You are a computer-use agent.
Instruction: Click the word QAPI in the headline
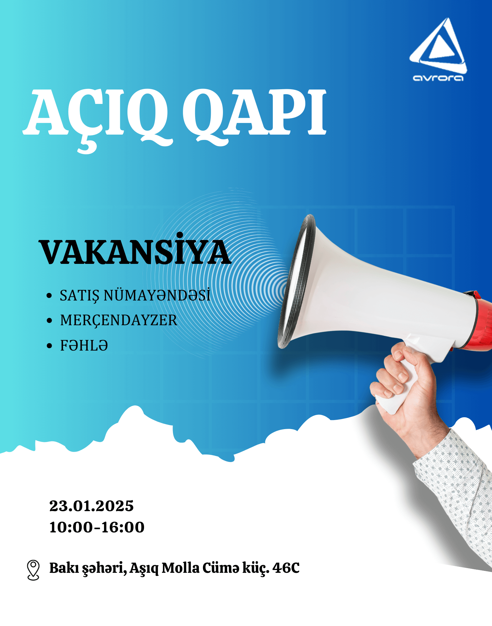click(254, 116)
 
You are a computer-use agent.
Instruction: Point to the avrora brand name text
click(438, 78)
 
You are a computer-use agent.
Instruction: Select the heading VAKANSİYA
click(135, 249)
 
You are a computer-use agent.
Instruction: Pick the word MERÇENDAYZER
click(119, 321)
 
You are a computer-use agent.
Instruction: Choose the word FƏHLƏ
click(84, 346)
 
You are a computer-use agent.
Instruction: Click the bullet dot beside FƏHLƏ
click(49, 346)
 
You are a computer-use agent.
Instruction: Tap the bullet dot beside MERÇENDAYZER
click(49, 321)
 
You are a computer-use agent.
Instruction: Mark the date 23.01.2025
click(91, 506)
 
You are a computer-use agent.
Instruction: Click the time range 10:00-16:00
click(97, 527)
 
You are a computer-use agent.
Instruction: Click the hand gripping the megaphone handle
click(407, 394)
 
